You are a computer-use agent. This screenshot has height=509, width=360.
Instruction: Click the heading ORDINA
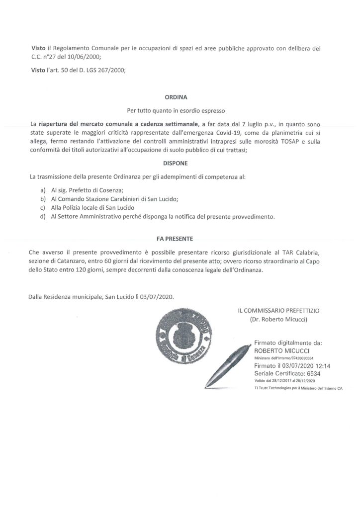pyautogui.click(x=180, y=99)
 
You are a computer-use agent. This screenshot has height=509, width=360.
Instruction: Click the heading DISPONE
pyautogui.click(x=180, y=163)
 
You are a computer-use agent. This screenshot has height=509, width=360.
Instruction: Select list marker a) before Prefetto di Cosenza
pyautogui.click(x=43, y=190)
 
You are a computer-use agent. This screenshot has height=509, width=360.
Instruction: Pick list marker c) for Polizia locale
pyautogui.click(x=43, y=207)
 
